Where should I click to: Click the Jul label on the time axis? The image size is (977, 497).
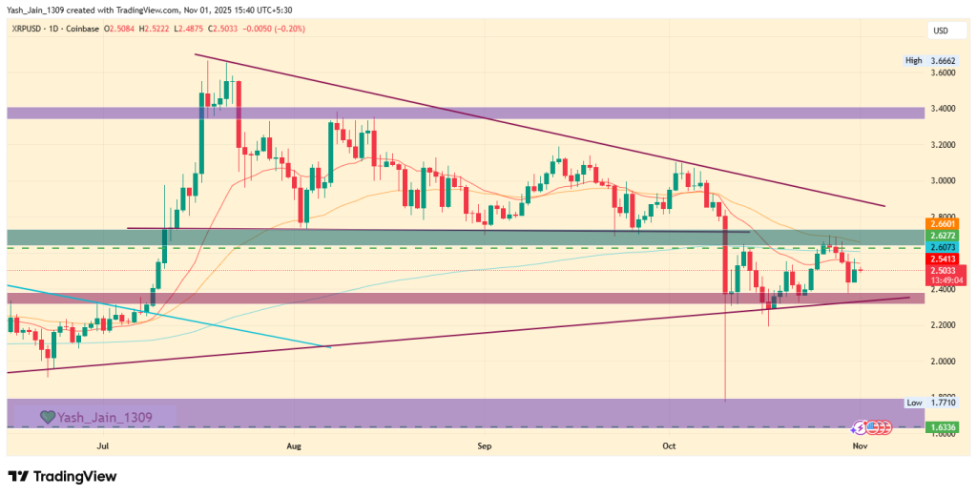pos(102,445)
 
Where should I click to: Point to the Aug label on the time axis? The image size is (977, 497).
pos(294,445)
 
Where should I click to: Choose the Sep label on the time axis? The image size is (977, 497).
pos(484,445)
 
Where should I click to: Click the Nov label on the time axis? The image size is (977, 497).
pos(860,445)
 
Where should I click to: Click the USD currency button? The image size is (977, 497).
pos(940,30)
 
